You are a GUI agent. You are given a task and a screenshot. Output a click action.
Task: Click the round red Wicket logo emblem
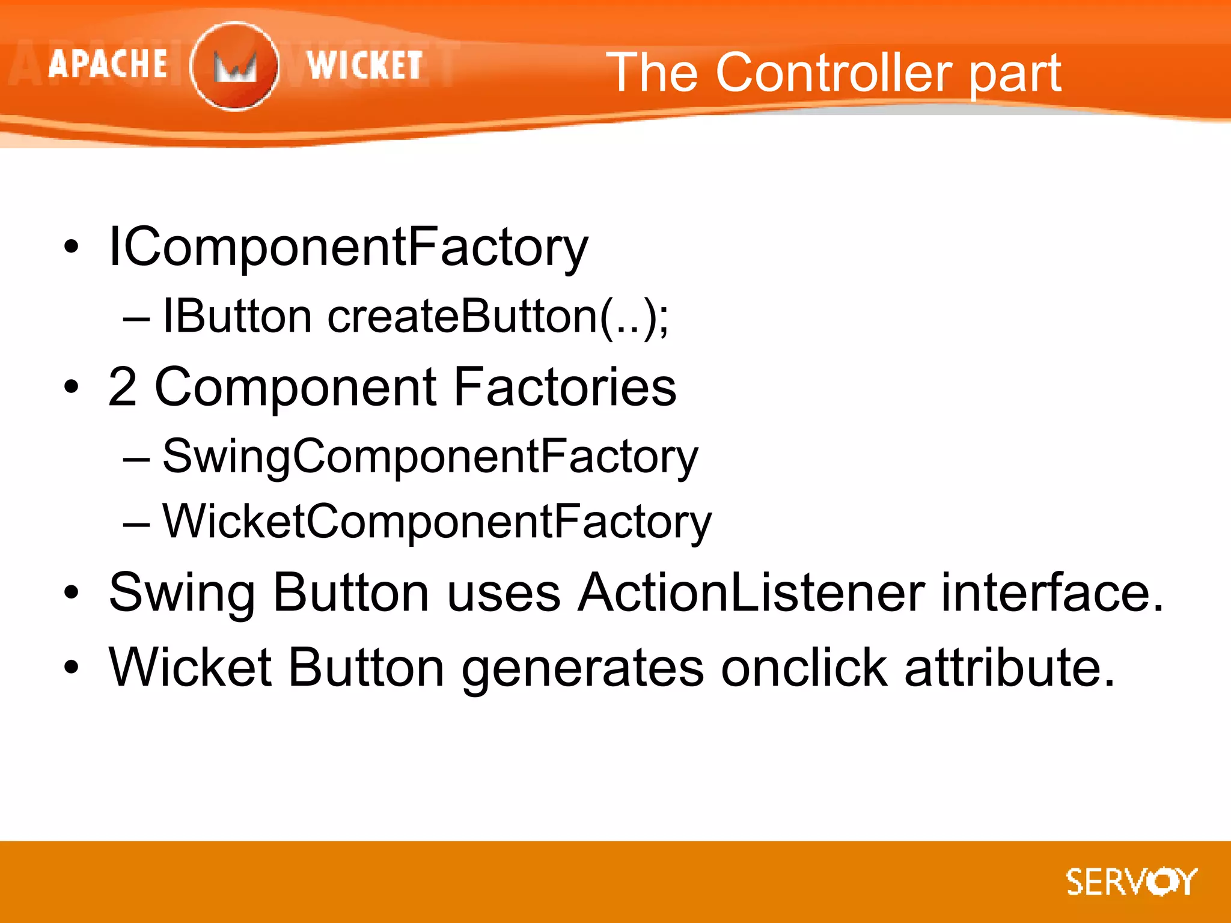point(234,66)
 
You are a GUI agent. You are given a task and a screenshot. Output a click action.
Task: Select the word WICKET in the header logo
point(364,65)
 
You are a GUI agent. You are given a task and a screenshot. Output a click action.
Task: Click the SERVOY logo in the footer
point(1131,882)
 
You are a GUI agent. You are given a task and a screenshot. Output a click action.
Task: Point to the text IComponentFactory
point(348,247)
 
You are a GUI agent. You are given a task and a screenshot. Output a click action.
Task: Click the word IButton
point(237,316)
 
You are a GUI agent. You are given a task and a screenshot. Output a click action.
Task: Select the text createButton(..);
point(498,317)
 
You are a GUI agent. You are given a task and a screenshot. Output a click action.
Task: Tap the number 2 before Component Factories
point(123,387)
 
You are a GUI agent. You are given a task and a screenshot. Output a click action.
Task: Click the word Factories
point(565,387)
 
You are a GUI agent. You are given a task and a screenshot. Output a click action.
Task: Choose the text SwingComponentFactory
point(430,457)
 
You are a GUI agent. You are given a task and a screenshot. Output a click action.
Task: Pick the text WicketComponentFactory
point(437,522)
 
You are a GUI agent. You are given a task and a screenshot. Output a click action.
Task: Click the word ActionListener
point(751,593)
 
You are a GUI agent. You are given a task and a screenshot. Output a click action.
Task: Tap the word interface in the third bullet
point(1052,593)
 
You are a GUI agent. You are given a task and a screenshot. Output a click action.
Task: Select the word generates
point(582,669)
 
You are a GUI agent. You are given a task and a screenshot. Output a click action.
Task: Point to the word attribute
point(1010,668)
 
